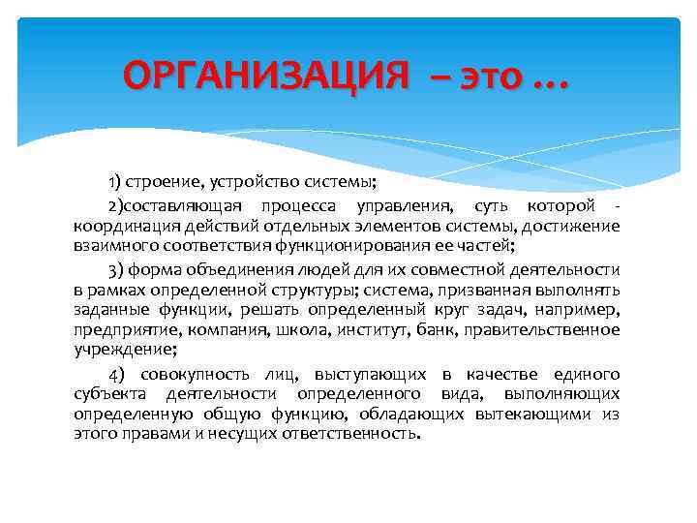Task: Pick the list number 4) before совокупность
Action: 117,374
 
